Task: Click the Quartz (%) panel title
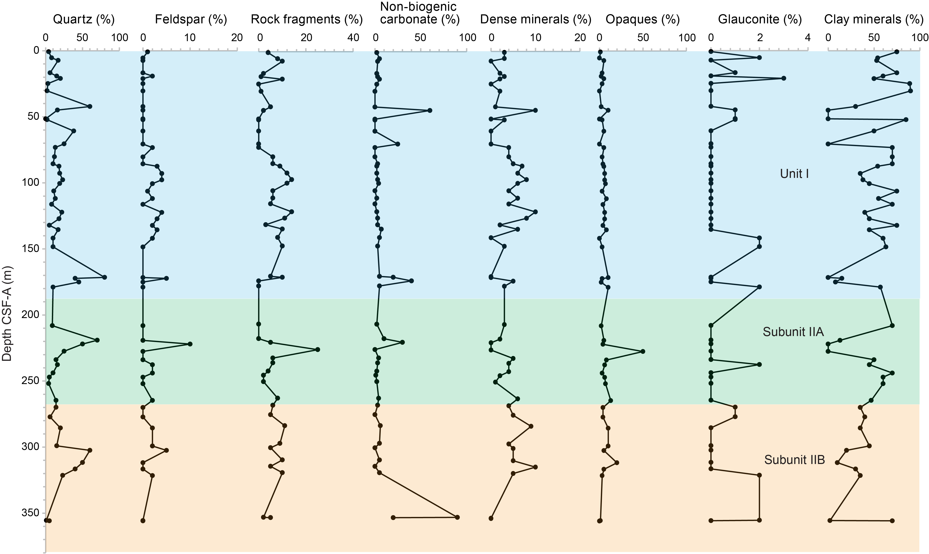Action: pyautogui.click(x=84, y=20)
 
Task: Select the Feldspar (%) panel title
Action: pyautogui.click(x=191, y=20)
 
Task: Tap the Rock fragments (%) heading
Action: pyautogui.click(x=307, y=20)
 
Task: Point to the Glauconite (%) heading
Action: pyautogui.click(x=760, y=20)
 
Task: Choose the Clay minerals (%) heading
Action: pyautogui.click(x=874, y=20)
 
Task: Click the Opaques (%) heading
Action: pyautogui.click(x=642, y=20)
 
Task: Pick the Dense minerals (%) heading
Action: pyautogui.click(x=536, y=20)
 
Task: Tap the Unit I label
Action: pyautogui.click(x=794, y=174)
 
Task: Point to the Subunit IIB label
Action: pyautogui.click(x=794, y=459)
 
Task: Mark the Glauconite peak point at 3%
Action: pyautogui.click(x=784, y=78)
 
